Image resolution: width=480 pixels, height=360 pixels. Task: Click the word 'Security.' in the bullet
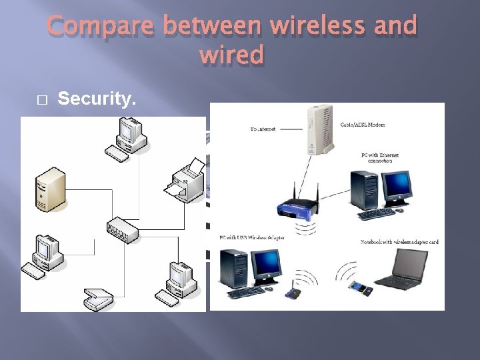[97, 99]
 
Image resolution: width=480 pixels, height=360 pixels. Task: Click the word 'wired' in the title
[231, 55]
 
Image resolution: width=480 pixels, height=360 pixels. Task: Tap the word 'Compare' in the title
[101, 26]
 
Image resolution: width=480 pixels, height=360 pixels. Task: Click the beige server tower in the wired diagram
[51, 190]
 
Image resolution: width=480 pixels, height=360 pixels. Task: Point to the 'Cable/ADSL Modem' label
[363, 125]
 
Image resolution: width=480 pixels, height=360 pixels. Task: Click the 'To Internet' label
[262, 128]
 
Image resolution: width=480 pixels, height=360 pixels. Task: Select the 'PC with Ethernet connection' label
[380, 157]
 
